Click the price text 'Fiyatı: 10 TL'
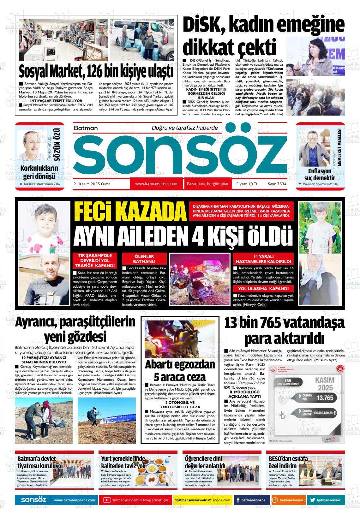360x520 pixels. tap(247, 184)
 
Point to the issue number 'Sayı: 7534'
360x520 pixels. tap(277, 184)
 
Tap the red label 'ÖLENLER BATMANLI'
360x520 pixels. tap(144, 259)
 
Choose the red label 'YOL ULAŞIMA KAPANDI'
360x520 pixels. tap(263, 288)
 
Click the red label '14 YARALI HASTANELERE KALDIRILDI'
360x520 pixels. tap(263, 259)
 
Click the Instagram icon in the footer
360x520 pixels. tap(275, 500)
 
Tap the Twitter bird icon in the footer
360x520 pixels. tap(312, 500)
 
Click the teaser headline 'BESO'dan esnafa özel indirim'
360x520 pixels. tap(283, 462)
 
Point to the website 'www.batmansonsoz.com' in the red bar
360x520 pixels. tap(156, 184)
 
